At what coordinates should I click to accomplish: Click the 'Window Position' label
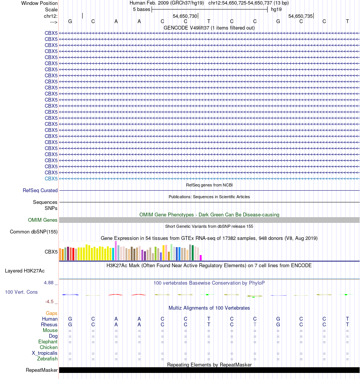coord(39,3)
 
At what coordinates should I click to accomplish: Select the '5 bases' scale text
coord(141,9)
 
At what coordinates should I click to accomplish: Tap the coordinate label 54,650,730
coord(185,16)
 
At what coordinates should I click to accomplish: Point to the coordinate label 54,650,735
coord(301,16)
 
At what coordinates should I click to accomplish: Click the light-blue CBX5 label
coord(51,179)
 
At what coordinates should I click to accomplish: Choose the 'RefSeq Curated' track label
coord(40,191)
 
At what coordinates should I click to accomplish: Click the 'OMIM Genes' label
coord(43,220)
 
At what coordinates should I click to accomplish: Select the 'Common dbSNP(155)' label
coord(34,232)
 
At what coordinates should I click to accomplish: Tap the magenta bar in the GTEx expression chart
coord(201,258)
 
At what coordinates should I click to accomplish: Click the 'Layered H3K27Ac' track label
coord(25,271)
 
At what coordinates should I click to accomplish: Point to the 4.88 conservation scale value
coord(49,283)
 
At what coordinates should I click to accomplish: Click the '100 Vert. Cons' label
coord(21,292)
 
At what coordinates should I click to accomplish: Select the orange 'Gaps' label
coord(52,313)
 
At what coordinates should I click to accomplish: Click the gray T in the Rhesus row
coord(255,325)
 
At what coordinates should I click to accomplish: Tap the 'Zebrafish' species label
coord(47,359)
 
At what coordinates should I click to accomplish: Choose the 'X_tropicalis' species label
coord(45,353)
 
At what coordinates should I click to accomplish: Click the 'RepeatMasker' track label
coord(42,370)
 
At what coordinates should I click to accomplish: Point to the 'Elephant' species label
coord(48,342)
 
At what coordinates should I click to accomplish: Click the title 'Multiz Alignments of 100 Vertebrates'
coord(209,308)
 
